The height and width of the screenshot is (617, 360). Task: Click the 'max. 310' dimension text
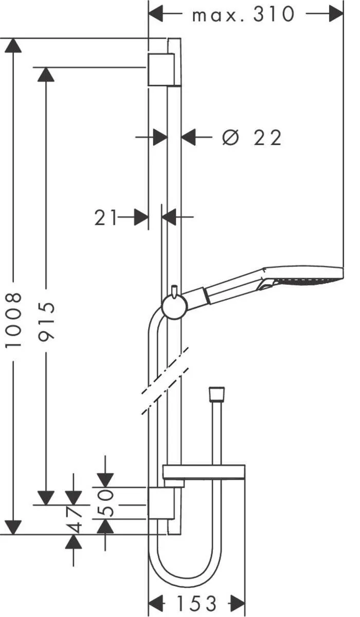click(x=243, y=14)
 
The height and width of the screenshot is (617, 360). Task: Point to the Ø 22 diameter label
click(x=252, y=138)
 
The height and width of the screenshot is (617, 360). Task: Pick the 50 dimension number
click(x=105, y=503)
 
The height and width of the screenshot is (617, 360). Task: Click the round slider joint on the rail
click(x=173, y=307)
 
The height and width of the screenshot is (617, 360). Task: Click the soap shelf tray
click(x=204, y=472)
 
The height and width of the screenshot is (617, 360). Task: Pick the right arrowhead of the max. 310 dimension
click(x=336, y=14)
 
